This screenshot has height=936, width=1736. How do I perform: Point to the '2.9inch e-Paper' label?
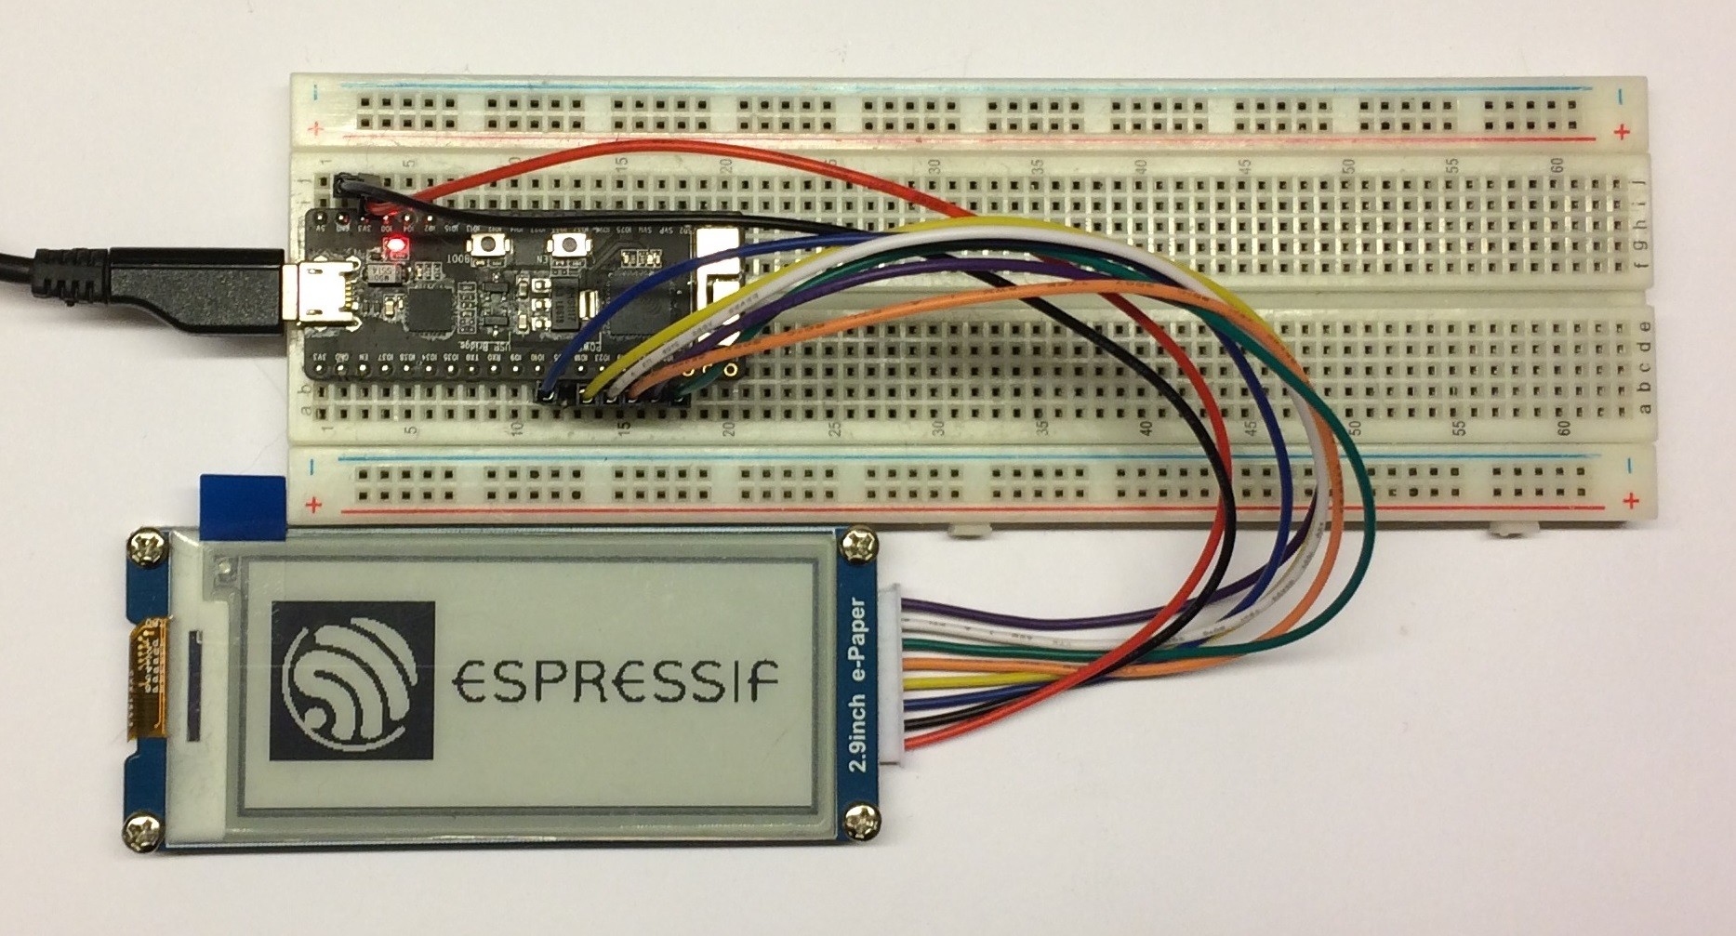[860, 686]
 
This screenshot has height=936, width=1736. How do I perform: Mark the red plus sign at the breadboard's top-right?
[1622, 132]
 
